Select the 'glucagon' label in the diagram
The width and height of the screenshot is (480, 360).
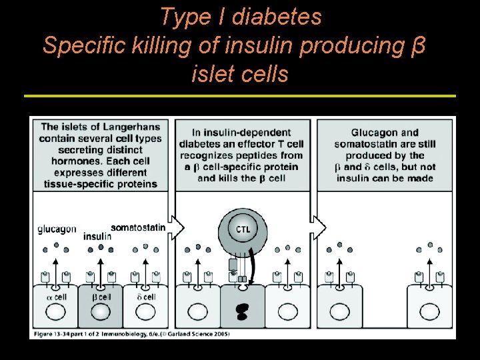(56, 229)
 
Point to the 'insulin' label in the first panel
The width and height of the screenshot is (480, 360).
(97, 236)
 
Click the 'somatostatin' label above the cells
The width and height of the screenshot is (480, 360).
(137, 228)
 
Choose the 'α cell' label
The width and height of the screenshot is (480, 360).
(56, 297)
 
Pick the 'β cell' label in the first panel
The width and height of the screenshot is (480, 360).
(101, 297)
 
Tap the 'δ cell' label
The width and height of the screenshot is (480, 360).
(145, 297)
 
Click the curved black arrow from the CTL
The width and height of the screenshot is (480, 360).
(254, 260)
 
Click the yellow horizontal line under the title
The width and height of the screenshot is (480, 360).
(240, 96)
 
